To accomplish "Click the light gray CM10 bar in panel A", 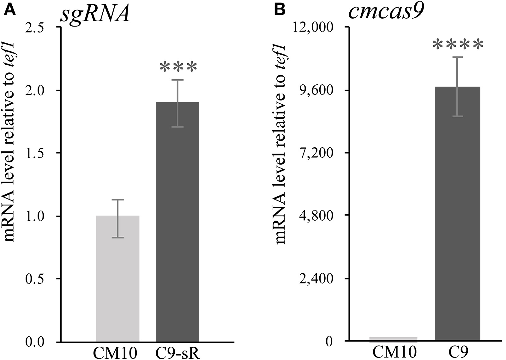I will [x=117, y=278].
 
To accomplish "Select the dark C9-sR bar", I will [x=178, y=221].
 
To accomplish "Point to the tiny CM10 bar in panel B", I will [x=393, y=339].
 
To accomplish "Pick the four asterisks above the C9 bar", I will [x=457, y=45].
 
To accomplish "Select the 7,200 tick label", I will [x=320, y=153].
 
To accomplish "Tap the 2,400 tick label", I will [x=320, y=279].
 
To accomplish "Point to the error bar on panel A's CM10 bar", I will [x=117, y=218].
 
